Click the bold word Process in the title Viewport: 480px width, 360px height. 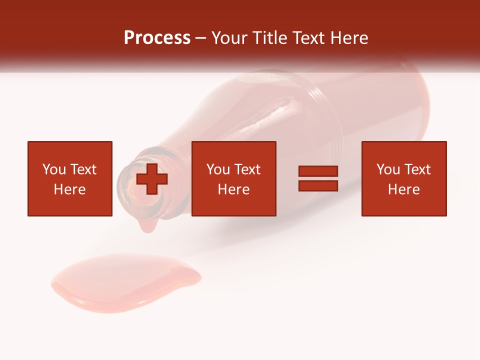tap(157, 38)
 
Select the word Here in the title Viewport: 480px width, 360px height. tap(349, 38)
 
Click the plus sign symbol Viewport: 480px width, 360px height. tap(152, 178)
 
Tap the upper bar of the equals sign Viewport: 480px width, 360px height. tap(318, 171)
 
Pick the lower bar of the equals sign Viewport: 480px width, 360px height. tap(318, 185)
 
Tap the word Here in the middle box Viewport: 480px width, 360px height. tap(234, 189)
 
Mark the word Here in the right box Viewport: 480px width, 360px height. tap(404, 189)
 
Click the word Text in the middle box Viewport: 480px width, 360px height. tap(247, 169)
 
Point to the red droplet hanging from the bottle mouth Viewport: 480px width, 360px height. tap(147, 226)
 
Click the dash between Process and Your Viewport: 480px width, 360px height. tap(201, 38)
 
